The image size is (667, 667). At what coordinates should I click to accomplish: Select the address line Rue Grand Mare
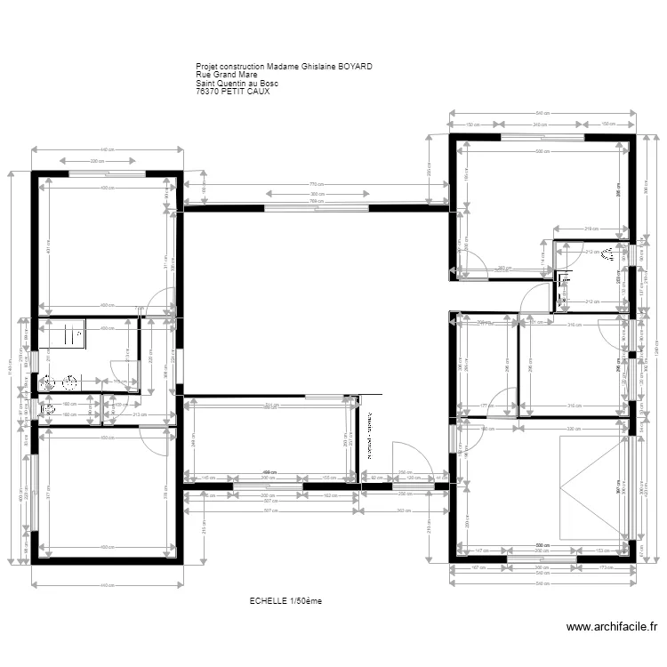coord(227,75)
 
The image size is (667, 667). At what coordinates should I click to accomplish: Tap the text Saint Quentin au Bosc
coord(237,84)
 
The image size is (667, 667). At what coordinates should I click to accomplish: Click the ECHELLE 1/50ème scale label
coord(285,601)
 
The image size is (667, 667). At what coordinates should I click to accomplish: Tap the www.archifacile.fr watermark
coord(614,626)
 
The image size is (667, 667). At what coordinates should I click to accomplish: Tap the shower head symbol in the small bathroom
coord(607,255)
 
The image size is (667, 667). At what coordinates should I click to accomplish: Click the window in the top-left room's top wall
coord(107,173)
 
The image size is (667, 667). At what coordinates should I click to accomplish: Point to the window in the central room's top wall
coord(316,208)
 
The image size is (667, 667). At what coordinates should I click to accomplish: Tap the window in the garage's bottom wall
coord(540,559)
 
